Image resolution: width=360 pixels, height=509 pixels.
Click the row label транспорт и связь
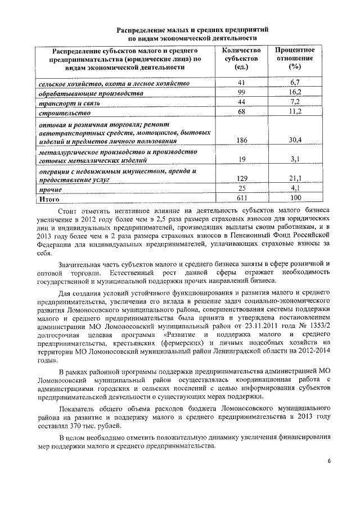(x=65, y=102)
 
